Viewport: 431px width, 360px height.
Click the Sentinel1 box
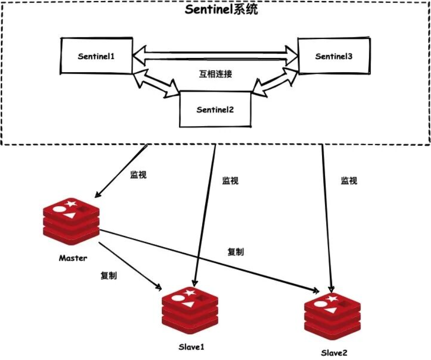click(x=96, y=56)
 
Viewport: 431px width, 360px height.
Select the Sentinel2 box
click(x=215, y=109)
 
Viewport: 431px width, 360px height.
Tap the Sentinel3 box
click(x=334, y=56)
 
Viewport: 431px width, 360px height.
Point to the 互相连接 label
click(x=215, y=74)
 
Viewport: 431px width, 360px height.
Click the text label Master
click(x=73, y=258)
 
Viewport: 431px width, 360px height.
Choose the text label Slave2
click(x=334, y=352)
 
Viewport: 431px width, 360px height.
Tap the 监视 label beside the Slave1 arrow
click(x=230, y=180)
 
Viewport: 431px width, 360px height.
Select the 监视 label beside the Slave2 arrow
click(x=349, y=180)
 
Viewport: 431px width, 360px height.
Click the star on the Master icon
click(x=71, y=204)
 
